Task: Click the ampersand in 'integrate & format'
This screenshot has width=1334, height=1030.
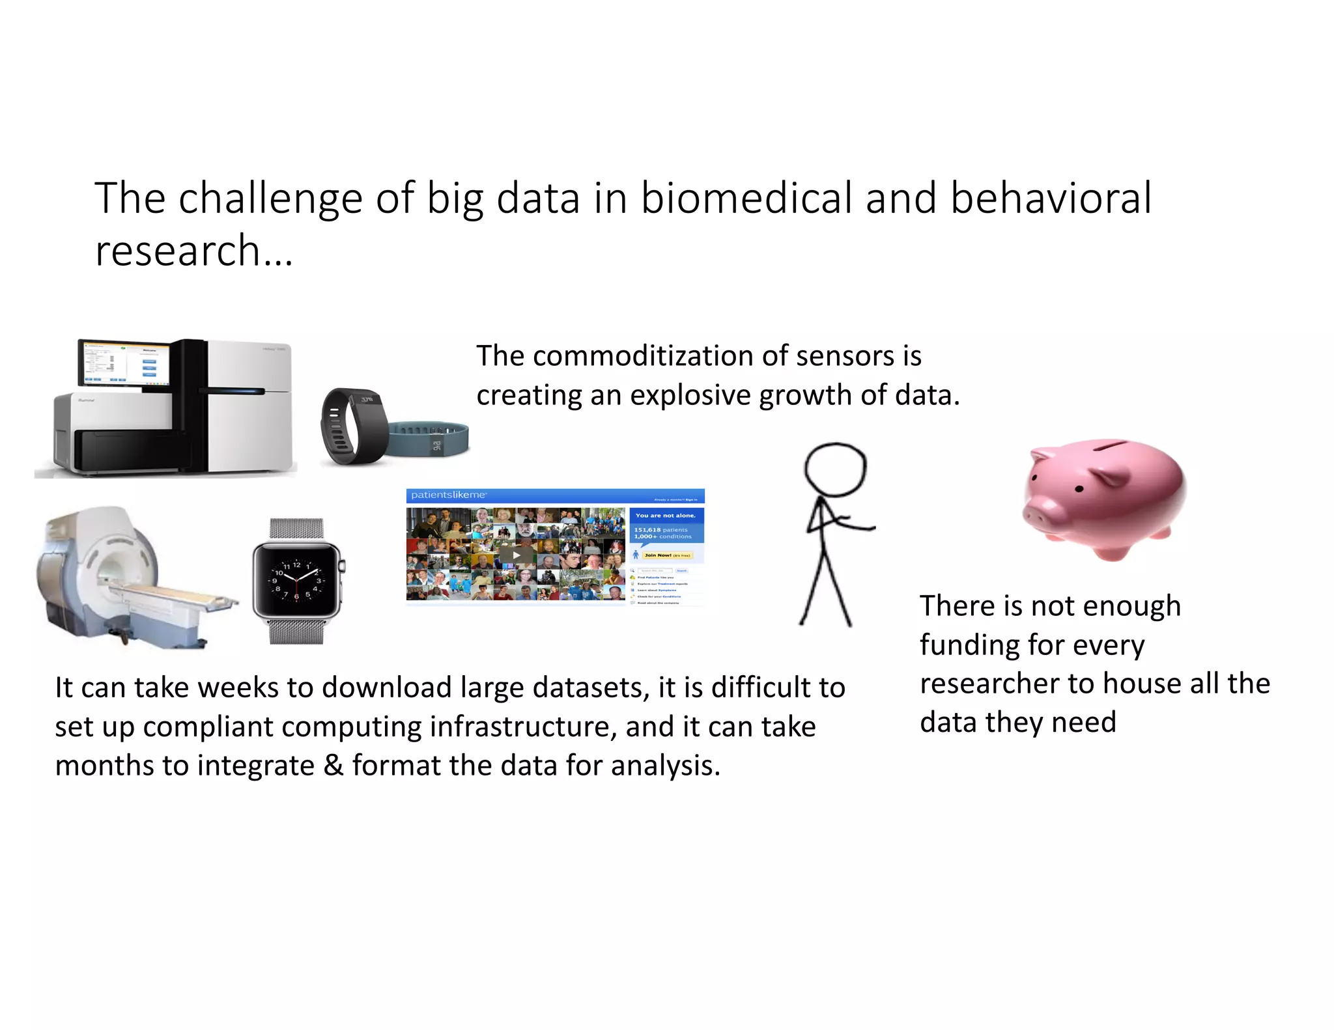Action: pyautogui.click(x=333, y=765)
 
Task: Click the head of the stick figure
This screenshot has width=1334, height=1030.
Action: pyautogui.click(x=835, y=469)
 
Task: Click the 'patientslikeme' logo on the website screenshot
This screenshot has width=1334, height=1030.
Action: pyautogui.click(x=448, y=495)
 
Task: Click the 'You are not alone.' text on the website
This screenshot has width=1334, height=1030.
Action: pyautogui.click(x=665, y=515)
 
